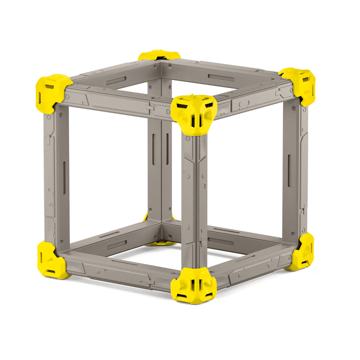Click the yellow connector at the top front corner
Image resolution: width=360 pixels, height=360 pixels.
click(194, 114)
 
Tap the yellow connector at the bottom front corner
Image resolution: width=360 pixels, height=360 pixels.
click(193, 285)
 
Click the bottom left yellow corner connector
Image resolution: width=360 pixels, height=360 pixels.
click(52, 259)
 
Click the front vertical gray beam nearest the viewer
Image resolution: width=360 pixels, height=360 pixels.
click(194, 200)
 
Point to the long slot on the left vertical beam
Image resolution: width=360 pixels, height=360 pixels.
click(64, 174)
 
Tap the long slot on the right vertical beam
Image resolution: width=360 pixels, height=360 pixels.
click(289, 170)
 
